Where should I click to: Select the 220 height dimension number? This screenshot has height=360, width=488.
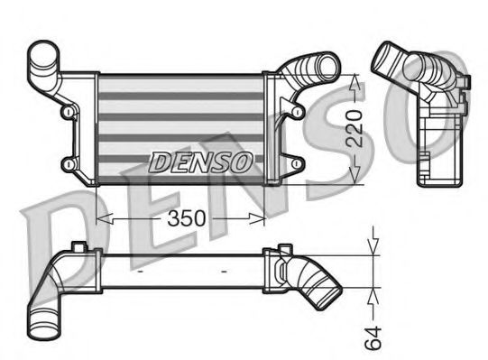(357, 129)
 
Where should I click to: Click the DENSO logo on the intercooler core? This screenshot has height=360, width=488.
(200, 162)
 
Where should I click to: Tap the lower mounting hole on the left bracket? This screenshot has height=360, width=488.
(68, 163)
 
